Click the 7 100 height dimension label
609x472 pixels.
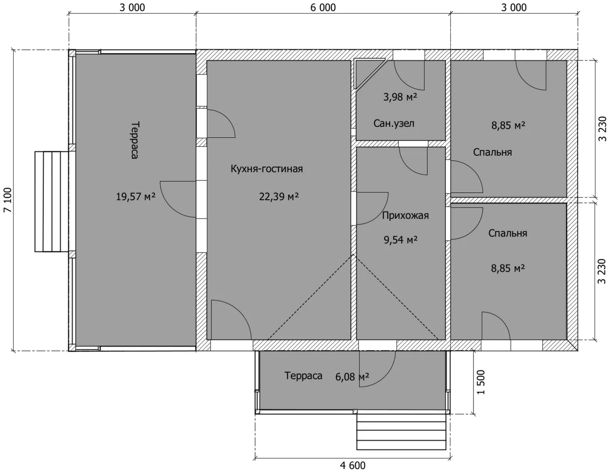pos(7,200)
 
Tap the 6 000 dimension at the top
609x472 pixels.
pos(323,7)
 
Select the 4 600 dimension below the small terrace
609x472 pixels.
pos(353,465)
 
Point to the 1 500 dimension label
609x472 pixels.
pos(481,382)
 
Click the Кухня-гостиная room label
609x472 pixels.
pos(266,169)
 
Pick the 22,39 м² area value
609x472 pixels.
pos(279,197)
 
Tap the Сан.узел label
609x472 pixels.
pos(394,123)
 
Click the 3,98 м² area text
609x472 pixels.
pos(400,97)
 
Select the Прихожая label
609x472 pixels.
pos(405,215)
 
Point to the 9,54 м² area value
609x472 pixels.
pos(401,240)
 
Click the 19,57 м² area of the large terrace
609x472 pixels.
pos(135,197)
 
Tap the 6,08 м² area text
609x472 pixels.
pos(352,377)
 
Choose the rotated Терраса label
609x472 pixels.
pos(135,140)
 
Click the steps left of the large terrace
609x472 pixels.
pos(52,201)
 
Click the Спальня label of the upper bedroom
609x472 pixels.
pos(492,152)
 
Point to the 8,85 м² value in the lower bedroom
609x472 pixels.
pos(508,268)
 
